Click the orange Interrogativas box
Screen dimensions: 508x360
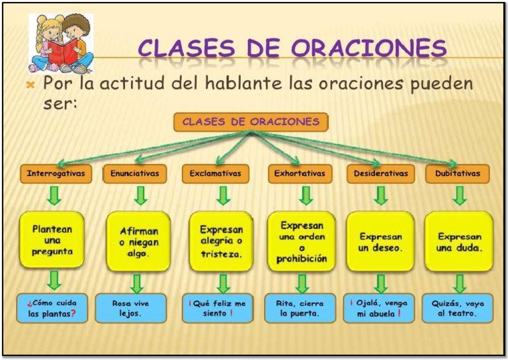pyautogui.click(x=56, y=173)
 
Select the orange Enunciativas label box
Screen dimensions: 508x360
pyautogui.click(x=135, y=173)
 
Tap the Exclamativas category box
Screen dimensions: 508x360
pyautogui.click(x=216, y=173)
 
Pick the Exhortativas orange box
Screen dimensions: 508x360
pyautogui.click(x=300, y=173)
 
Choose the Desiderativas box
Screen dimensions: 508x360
pyautogui.click(x=381, y=173)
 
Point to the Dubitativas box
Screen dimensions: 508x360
pyautogui.click(x=458, y=173)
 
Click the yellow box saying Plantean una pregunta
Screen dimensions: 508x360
pyautogui.click(x=52, y=240)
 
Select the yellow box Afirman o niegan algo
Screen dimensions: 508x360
pyautogui.click(x=139, y=242)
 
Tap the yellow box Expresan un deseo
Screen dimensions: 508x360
pyautogui.click(x=381, y=242)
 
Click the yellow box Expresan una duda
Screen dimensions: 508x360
pyautogui.click(x=459, y=242)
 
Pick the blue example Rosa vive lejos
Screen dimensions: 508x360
pyautogui.click(x=131, y=308)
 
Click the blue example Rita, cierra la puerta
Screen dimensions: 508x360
pyautogui.click(x=300, y=308)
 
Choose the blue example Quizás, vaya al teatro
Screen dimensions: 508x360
pyautogui.click(x=458, y=308)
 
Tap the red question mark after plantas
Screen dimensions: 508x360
pyautogui.click(x=73, y=313)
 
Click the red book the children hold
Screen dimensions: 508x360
pyautogui.click(x=63, y=52)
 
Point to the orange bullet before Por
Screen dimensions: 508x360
pyautogui.click(x=30, y=85)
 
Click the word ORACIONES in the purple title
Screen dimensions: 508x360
pyautogui.click(x=369, y=48)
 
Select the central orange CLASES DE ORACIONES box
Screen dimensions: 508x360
pyautogui.click(x=251, y=122)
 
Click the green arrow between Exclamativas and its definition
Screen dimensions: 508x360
pyautogui.click(x=224, y=196)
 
